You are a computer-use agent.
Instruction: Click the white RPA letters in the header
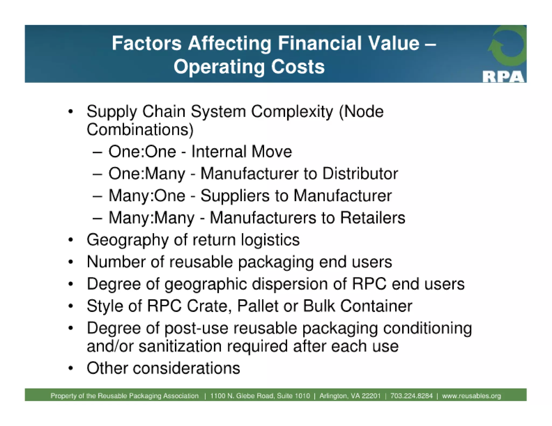tap(503, 76)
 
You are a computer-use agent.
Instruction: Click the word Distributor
tap(360, 173)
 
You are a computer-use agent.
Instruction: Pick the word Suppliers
tap(235, 196)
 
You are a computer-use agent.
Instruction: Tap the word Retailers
tap(372, 218)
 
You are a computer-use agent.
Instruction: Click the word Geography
tap(127, 240)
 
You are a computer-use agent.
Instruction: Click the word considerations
tap(186, 368)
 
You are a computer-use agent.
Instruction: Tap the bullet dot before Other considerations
tap(71, 368)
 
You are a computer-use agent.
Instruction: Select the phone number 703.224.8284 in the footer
tap(411, 396)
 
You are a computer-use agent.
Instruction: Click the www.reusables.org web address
tap(471, 396)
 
